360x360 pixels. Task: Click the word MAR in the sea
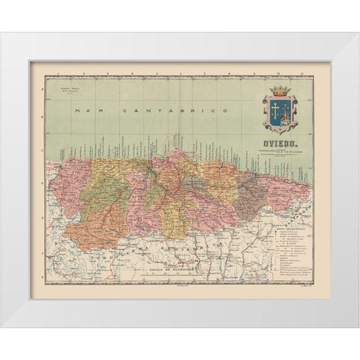pyautogui.click(x=88, y=110)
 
